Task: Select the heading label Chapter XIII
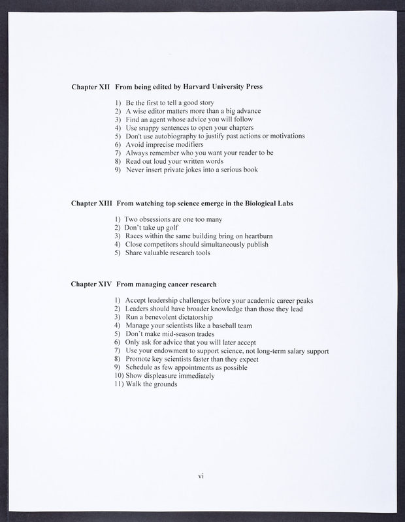coord(92,204)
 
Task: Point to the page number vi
coord(202,476)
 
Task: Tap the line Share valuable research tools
coord(168,253)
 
